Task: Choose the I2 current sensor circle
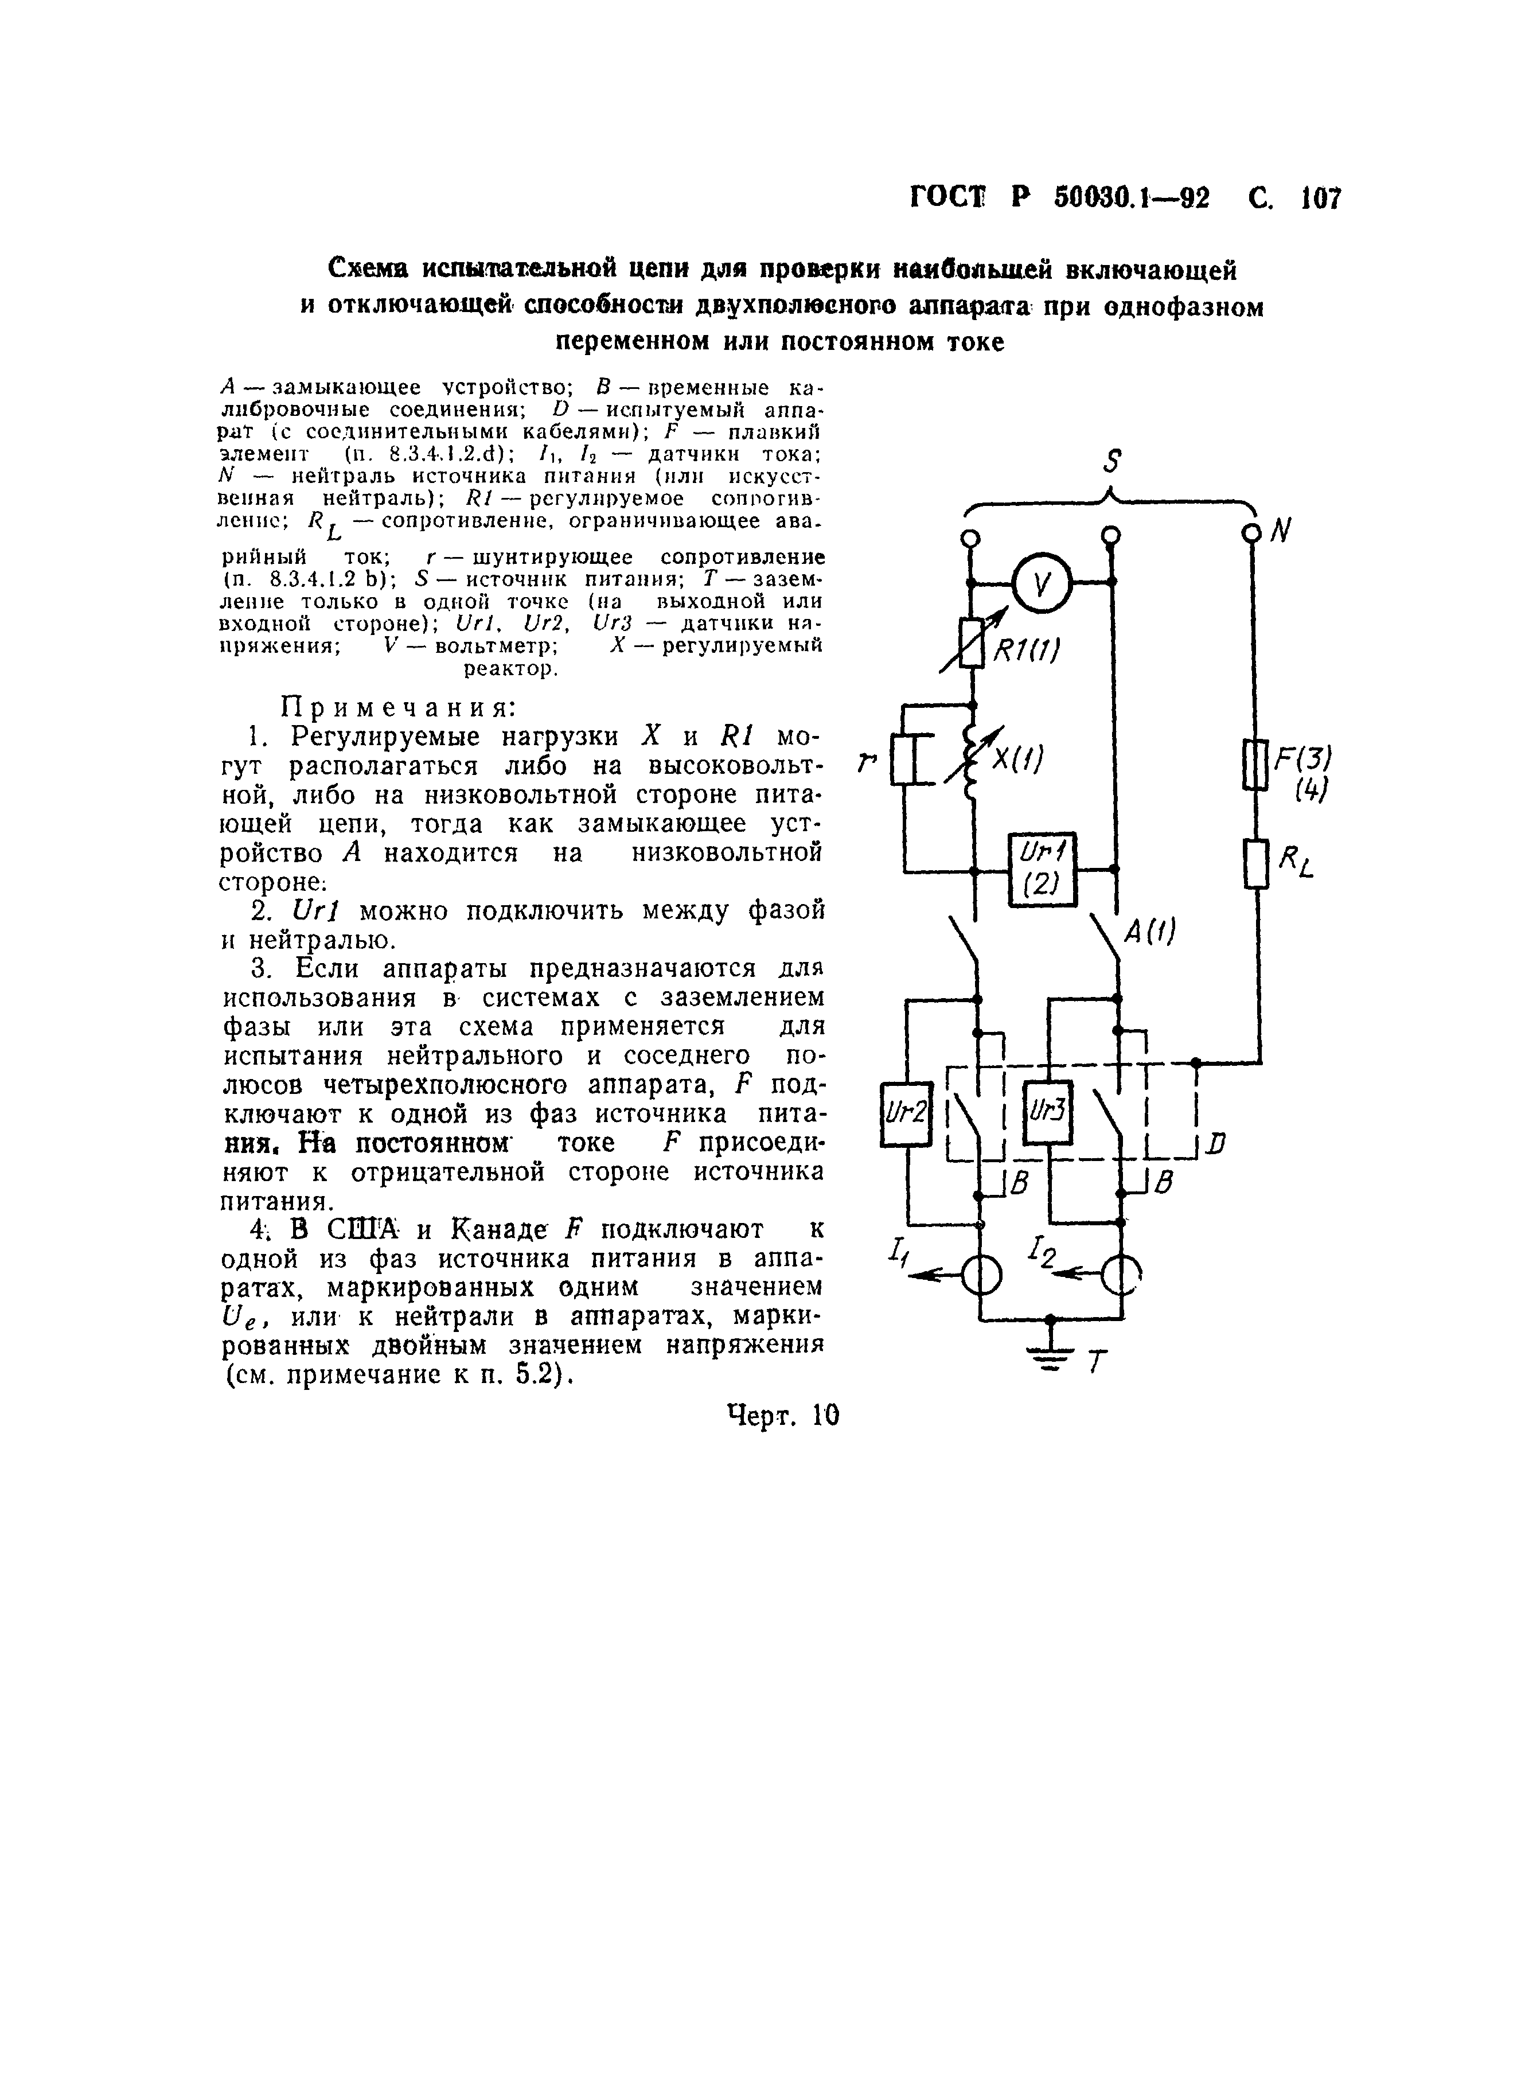point(1121,1275)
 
